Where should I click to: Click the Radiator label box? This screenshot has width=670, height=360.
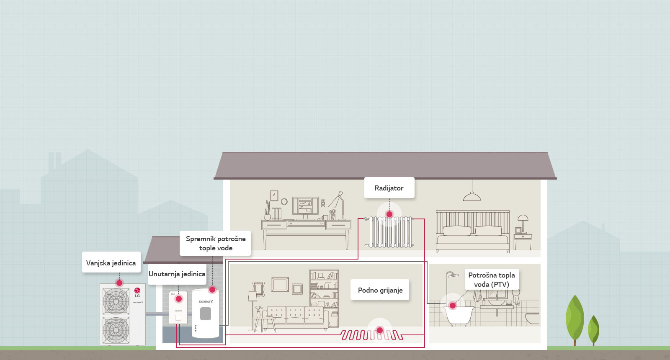[x=389, y=188]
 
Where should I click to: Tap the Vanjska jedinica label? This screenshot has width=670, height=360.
[x=111, y=263]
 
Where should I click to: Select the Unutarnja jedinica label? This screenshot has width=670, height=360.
[x=177, y=274]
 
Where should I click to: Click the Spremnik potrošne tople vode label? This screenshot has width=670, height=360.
[x=216, y=243]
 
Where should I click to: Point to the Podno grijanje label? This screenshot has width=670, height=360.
[x=380, y=290]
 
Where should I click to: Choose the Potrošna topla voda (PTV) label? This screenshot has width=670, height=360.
[x=492, y=280]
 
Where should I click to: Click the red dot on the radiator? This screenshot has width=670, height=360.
[x=389, y=214]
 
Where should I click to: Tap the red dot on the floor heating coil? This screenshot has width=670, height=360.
[x=380, y=330]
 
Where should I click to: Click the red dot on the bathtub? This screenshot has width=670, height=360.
[x=452, y=306]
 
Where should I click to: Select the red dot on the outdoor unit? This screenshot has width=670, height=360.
[x=119, y=283]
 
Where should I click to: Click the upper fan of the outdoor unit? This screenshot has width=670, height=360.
[x=116, y=301]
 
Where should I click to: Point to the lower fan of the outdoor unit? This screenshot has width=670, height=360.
[x=116, y=330]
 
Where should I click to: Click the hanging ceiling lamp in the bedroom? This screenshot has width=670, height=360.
[x=472, y=196]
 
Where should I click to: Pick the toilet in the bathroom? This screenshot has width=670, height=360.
[x=532, y=319]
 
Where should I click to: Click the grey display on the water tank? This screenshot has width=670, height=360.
[x=205, y=314]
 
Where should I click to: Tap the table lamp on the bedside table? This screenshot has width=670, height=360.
[x=523, y=221]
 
